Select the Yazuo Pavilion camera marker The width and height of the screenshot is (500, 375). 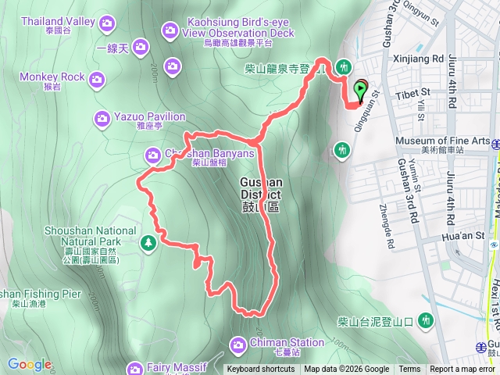(x=102, y=119)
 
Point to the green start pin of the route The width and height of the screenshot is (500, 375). (x=361, y=91)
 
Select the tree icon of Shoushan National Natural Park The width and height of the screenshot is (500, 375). (x=148, y=245)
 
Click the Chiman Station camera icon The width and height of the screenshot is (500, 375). (x=238, y=343)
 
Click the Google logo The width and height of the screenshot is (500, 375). (x=30, y=365)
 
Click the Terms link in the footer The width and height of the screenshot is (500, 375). (x=409, y=370)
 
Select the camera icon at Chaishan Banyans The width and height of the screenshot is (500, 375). (x=153, y=156)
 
